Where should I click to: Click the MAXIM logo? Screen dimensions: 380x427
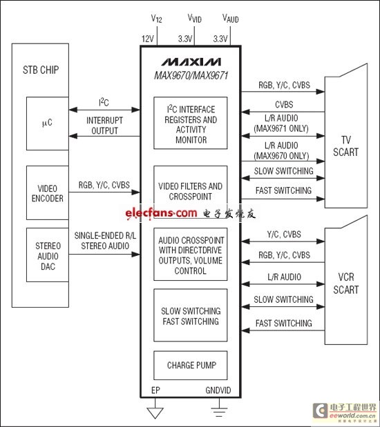(191, 62)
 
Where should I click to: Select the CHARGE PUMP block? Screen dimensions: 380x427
(191, 365)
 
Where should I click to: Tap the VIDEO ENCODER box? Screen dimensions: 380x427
(48, 192)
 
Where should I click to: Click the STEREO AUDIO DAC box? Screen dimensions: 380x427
(48, 255)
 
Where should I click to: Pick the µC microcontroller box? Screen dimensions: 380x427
(48, 123)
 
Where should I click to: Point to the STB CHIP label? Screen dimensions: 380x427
(41, 70)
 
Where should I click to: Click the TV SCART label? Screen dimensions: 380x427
(346, 146)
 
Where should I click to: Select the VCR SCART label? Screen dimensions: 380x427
(346, 284)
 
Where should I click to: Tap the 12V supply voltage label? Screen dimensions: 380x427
(148, 39)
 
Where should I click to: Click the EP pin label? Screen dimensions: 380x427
(155, 390)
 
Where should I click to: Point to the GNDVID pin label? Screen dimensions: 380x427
(218, 390)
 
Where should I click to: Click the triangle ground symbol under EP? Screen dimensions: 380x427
(155, 413)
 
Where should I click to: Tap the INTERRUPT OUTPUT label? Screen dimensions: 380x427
(104, 126)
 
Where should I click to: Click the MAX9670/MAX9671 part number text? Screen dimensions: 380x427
(191, 75)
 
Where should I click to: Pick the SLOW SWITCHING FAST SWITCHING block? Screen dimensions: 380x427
(191, 315)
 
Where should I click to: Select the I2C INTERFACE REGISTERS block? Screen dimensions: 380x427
(191, 123)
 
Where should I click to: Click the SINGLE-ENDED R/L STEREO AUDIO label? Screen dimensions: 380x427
(105, 241)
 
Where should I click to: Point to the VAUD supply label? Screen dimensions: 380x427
(231, 19)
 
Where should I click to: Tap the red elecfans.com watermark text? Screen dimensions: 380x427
(161, 212)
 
